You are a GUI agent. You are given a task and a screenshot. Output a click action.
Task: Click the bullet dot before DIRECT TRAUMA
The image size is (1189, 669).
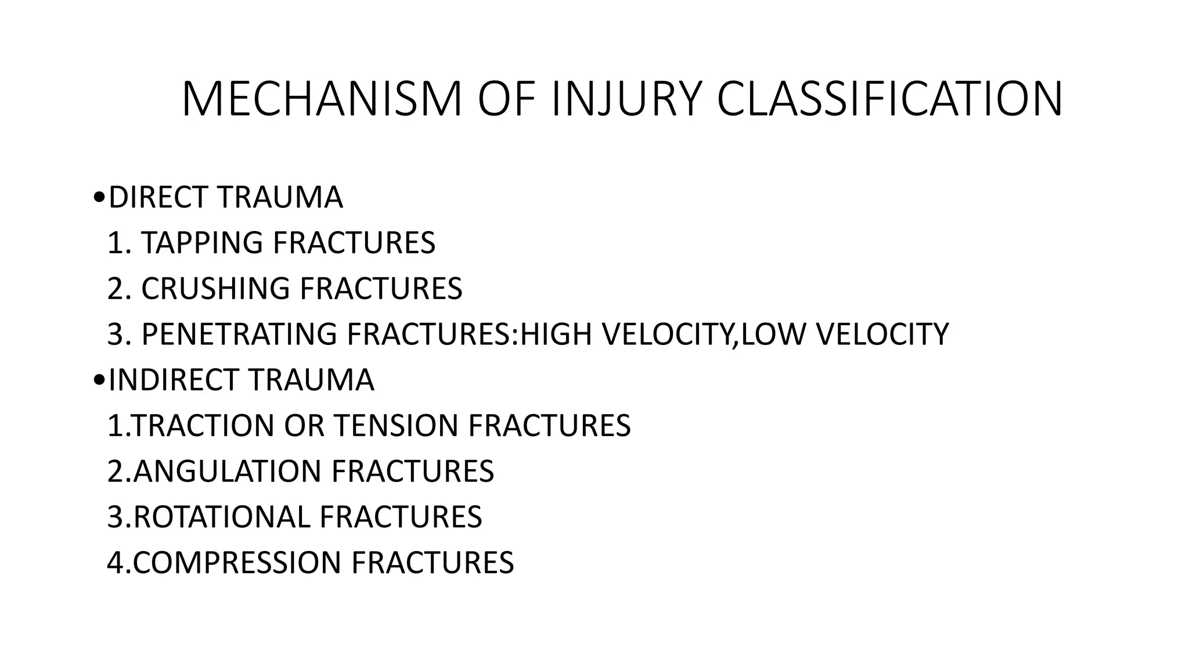(98, 198)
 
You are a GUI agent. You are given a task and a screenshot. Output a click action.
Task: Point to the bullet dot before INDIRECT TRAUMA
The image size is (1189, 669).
(98, 380)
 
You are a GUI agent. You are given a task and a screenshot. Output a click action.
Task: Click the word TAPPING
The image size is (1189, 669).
(203, 243)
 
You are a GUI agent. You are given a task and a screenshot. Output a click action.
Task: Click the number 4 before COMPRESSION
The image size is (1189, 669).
(115, 563)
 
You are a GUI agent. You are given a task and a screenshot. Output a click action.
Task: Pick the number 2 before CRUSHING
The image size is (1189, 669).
(115, 289)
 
